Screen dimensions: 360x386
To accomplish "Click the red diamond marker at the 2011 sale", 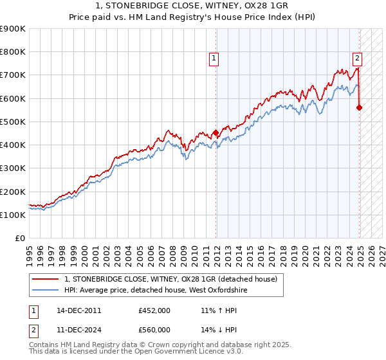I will [x=216, y=133].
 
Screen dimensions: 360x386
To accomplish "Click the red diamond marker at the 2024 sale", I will [x=359, y=107].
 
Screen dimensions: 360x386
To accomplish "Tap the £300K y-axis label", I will [x=13, y=168].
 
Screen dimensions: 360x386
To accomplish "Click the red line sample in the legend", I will [x=45, y=279].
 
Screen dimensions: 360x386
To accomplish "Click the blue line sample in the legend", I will [x=45, y=291].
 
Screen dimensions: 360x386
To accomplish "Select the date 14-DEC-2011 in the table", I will [x=79, y=310].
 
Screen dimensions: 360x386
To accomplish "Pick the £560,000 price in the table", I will [x=154, y=330].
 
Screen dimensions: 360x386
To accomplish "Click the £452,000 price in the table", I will [x=154, y=310].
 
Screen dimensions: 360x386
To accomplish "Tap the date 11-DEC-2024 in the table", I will [x=79, y=330].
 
